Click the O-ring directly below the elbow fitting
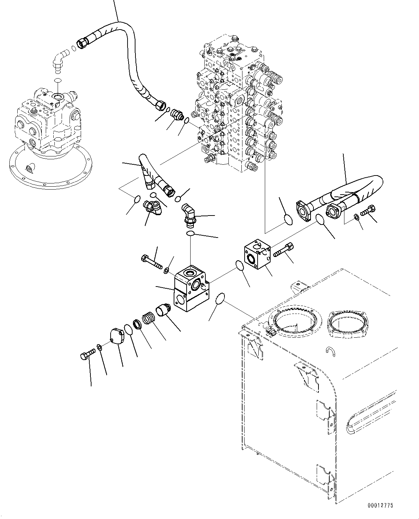coord(191,234)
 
